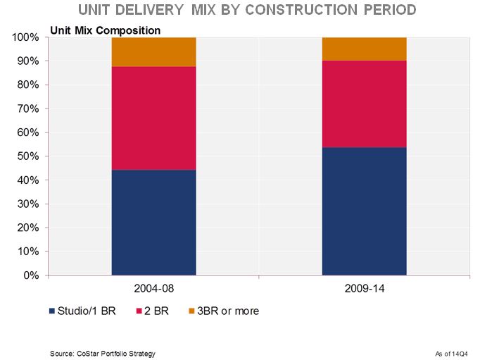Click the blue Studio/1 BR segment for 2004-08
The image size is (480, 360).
pyautogui.click(x=153, y=223)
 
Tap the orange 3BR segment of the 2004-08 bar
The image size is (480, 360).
pyautogui.click(x=153, y=51)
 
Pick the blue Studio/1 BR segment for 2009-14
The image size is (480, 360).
pyautogui.click(x=364, y=211)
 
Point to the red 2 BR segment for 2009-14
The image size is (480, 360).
pyautogui.click(x=364, y=104)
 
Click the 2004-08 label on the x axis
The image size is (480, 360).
pyautogui.click(x=153, y=289)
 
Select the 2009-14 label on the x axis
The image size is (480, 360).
pyautogui.click(x=364, y=289)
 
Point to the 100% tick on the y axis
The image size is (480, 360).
pyautogui.click(x=25, y=37)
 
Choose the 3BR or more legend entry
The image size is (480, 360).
pyautogui.click(x=225, y=311)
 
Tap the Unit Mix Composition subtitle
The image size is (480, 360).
pyautogui.click(x=105, y=30)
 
